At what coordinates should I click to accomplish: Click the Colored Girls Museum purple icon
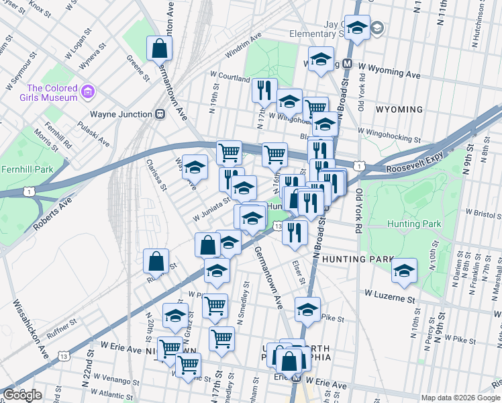point(87,91)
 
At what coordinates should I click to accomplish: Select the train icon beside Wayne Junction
point(160,114)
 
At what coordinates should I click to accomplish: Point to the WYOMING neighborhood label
point(399,109)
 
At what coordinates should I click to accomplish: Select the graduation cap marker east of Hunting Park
point(404,271)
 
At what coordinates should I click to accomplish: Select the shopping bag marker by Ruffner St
point(156,263)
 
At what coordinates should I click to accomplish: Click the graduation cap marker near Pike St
point(307,310)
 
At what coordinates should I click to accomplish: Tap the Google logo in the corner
point(22,395)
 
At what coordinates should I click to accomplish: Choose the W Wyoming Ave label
point(389,73)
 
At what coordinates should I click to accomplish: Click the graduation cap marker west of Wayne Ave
point(195,167)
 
